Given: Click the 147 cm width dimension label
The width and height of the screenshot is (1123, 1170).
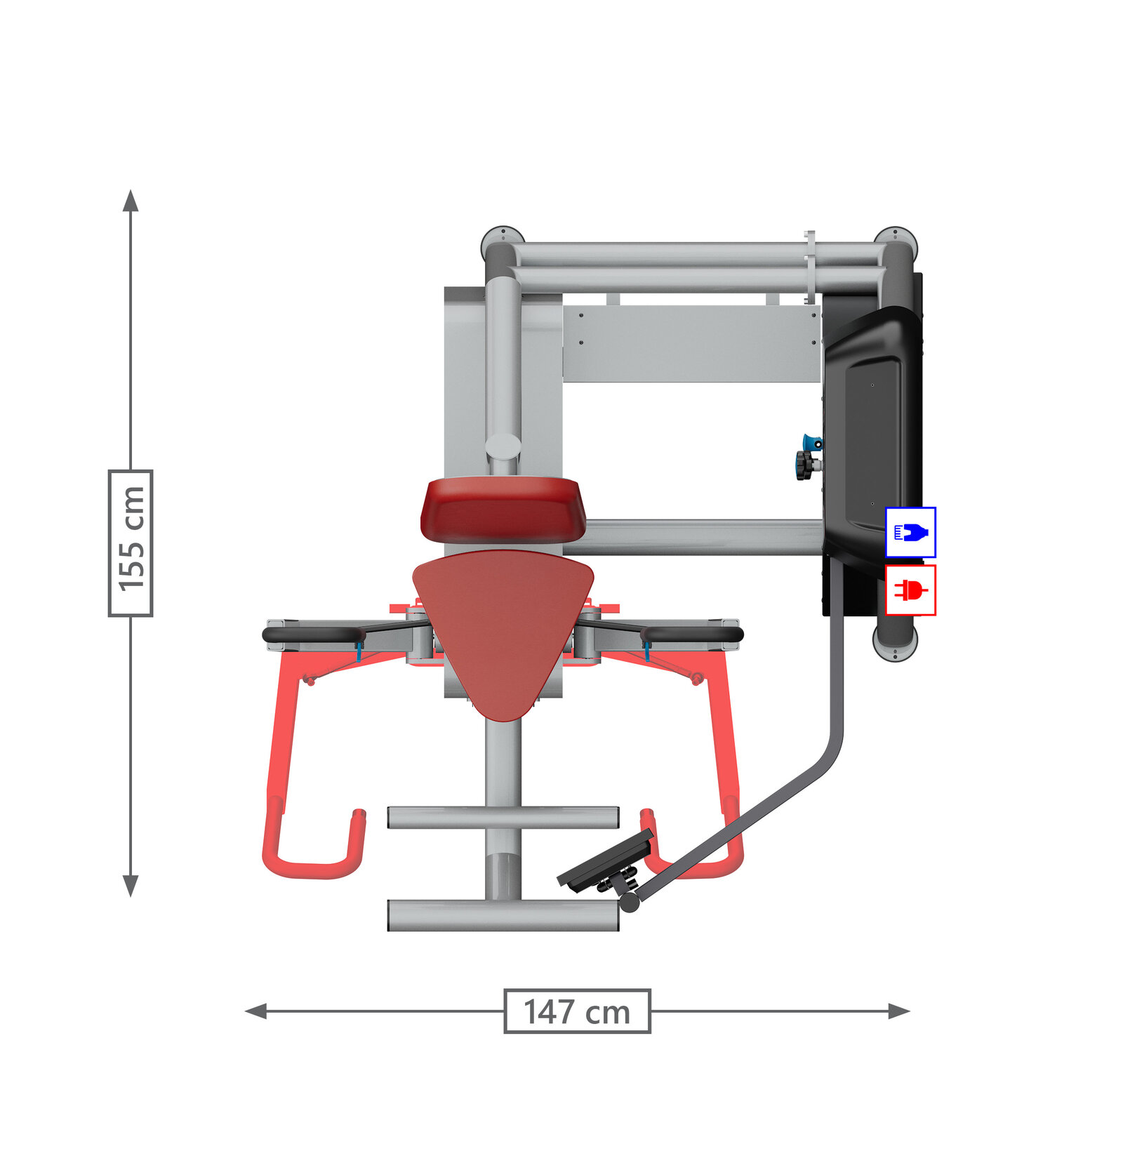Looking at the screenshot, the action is [x=577, y=1011].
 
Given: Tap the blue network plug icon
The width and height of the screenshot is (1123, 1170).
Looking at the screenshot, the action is [x=910, y=532].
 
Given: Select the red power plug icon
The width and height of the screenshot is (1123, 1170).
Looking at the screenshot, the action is [x=910, y=590].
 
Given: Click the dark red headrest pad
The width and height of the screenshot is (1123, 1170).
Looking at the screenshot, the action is [x=503, y=510].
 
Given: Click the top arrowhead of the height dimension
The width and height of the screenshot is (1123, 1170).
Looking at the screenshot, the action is [x=131, y=200].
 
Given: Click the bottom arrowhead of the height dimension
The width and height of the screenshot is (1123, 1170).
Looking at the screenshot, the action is [x=131, y=886].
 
